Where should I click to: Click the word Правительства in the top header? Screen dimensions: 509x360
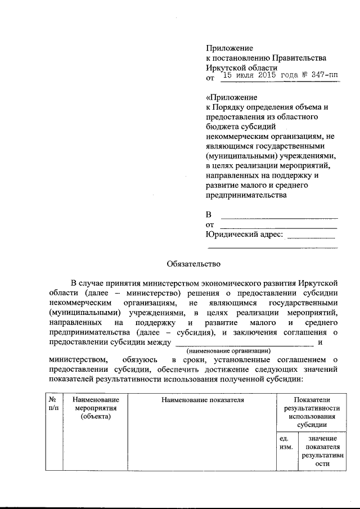(299, 58)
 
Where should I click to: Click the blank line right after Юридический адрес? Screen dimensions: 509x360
(310, 236)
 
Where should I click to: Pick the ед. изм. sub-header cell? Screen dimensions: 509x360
(285, 442)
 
